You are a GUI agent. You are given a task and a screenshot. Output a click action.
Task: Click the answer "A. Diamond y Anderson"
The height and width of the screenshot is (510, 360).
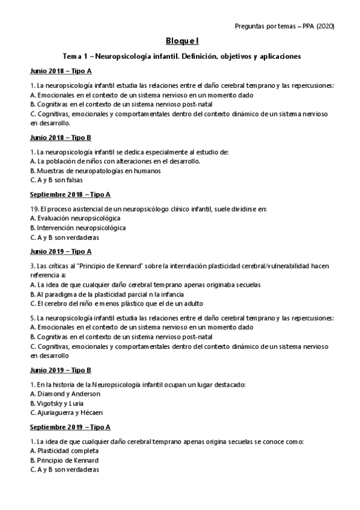click(65, 394)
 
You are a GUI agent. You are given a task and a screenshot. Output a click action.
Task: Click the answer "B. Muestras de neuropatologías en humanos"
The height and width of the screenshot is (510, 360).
click(95, 170)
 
